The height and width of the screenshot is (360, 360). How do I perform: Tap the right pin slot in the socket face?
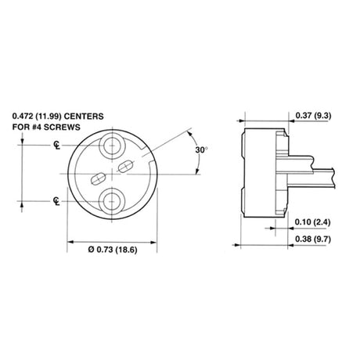point(125,164)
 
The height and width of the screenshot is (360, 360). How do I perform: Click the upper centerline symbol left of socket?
point(57,146)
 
